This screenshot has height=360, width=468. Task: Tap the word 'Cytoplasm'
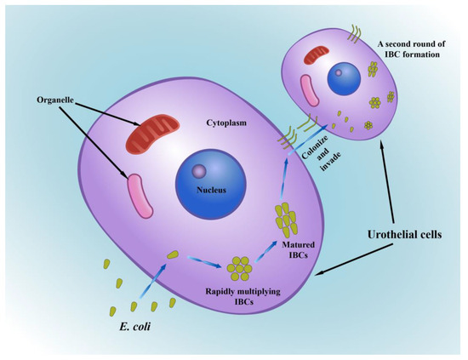click(224, 122)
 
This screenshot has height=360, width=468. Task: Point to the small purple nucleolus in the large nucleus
click(201, 172)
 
